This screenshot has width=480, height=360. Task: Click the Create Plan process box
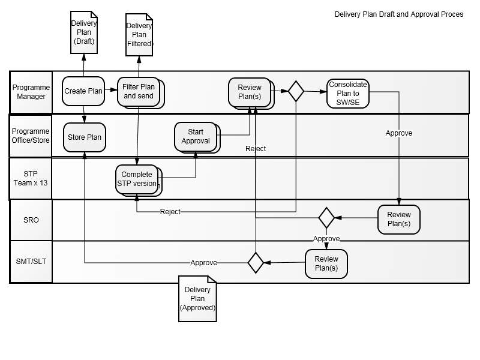(83, 91)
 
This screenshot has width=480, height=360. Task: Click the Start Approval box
(196, 136)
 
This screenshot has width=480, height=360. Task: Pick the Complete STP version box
(137, 179)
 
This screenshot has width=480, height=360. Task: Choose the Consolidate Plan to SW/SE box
(348, 93)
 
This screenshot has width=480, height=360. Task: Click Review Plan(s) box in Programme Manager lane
(250, 92)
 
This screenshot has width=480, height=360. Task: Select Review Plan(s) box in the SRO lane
(398, 219)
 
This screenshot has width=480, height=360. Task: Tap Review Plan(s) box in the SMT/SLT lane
(326, 263)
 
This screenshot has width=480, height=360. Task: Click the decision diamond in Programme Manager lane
(296, 91)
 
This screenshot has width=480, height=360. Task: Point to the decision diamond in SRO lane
(326, 217)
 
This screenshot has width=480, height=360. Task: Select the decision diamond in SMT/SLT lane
(256, 263)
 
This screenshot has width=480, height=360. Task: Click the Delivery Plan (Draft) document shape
(84, 34)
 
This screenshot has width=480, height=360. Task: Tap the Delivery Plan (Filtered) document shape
(139, 35)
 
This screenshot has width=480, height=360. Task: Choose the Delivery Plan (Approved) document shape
(197, 298)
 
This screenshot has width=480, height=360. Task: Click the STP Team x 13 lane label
(31, 179)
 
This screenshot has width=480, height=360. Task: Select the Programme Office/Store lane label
(31, 136)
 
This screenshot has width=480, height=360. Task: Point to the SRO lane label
(31, 220)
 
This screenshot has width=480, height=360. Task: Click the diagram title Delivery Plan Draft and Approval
(398, 14)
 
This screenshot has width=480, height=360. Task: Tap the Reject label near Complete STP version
(170, 212)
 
